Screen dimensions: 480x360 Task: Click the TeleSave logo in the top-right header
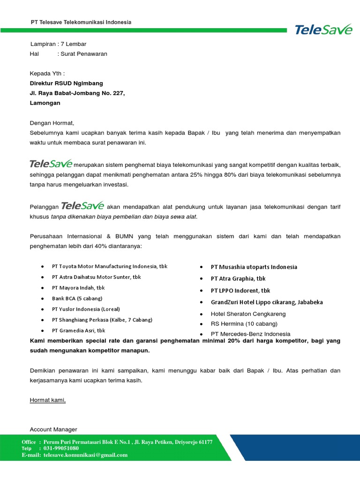coord(323,30)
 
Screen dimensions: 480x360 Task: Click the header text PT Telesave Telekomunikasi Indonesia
coord(81,22)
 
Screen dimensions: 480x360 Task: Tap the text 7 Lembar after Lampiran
coord(74,44)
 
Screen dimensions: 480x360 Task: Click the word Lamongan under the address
coord(45,103)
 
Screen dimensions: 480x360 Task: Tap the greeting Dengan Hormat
coord(52,123)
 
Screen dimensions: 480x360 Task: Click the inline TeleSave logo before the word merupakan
coord(51,164)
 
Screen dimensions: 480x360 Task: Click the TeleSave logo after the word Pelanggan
coord(82,206)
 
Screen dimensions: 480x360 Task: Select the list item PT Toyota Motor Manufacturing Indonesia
coord(110,266)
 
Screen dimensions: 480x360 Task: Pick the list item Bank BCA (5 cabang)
coord(77,298)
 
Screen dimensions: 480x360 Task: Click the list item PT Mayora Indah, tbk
coord(78,287)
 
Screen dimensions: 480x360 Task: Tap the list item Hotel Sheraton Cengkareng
coord(248,314)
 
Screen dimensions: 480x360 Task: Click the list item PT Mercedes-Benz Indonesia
coord(250,334)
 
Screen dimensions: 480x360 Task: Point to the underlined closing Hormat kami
coord(48,400)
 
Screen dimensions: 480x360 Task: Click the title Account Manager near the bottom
coord(53,429)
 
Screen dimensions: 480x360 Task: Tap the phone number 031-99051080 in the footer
coord(61,449)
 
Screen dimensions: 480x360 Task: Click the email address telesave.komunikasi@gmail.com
coord(85,455)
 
